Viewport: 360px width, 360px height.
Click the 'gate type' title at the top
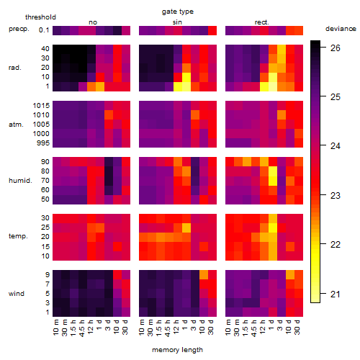pyautogui.click(x=178, y=12)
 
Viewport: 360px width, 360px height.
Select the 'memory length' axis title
pyautogui.click(x=177, y=350)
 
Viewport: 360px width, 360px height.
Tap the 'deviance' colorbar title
pyautogui.click(x=341, y=29)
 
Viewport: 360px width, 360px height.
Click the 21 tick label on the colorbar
pyautogui.click(x=336, y=294)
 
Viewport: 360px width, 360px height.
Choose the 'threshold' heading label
pyautogui.click(x=40, y=17)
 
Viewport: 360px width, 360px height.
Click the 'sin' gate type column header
pyautogui.click(x=177, y=22)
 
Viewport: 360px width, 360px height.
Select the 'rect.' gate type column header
pyautogui.click(x=262, y=22)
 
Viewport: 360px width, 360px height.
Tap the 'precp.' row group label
pyautogui.click(x=19, y=29)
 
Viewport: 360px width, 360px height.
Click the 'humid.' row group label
pyautogui.click(x=20, y=180)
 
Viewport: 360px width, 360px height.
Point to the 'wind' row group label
pyautogui.click(x=17, y=294)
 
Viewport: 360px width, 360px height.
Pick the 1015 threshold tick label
pyautogui.click(x=41, y=105)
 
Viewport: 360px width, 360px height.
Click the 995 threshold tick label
pyautogui.click(x=43, y=143)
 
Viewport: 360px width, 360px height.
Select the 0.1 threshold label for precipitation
pyautogui.click(x=44, y=30)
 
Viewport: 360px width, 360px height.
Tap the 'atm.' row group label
pyautogui.click(x=16, y=125)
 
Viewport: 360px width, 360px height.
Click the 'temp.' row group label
pyautogui.click(x=18, y=236)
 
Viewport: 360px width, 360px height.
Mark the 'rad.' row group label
pyautogui.click(x=15, y=68)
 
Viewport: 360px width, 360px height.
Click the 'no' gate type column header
pyautogui.click(x=93, y=22)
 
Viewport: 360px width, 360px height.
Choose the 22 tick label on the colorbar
pyautogui.click(x=336, y=245)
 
